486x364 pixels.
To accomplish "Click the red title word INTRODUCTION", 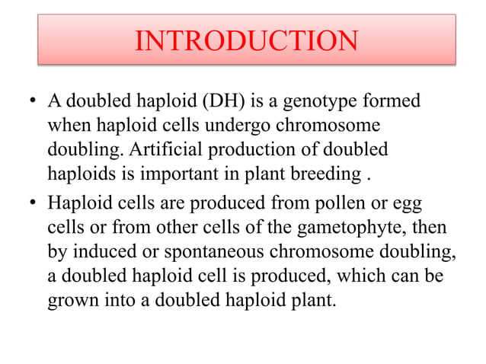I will (x=246, y=40).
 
